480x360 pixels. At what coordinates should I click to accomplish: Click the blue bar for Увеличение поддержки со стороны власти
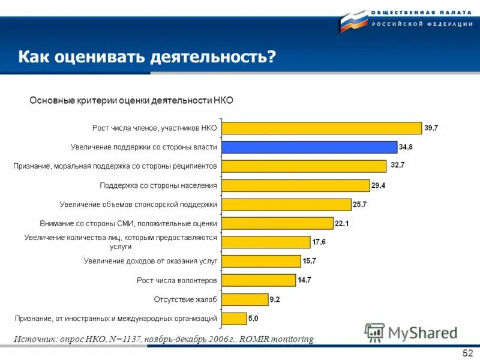point(309,147)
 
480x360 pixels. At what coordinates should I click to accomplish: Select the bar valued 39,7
point(322,128)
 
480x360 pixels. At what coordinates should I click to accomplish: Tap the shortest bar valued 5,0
point(234,318)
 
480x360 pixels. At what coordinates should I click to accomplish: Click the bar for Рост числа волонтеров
point(259,280)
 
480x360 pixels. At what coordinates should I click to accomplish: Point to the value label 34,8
point(410,147)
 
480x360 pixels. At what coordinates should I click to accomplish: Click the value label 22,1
point(343,223)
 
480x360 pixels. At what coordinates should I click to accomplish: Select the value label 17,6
point(320,242)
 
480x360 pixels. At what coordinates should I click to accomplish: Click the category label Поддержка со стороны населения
point(158,185)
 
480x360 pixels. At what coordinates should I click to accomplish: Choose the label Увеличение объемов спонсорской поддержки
point(139,205)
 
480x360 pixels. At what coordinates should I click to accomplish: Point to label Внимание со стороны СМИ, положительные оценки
point(128,223)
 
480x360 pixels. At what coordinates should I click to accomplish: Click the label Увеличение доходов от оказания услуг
point(151,261)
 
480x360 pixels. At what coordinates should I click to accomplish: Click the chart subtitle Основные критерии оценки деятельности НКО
point(131,100)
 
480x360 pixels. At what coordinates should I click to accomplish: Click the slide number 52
point(467,353)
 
